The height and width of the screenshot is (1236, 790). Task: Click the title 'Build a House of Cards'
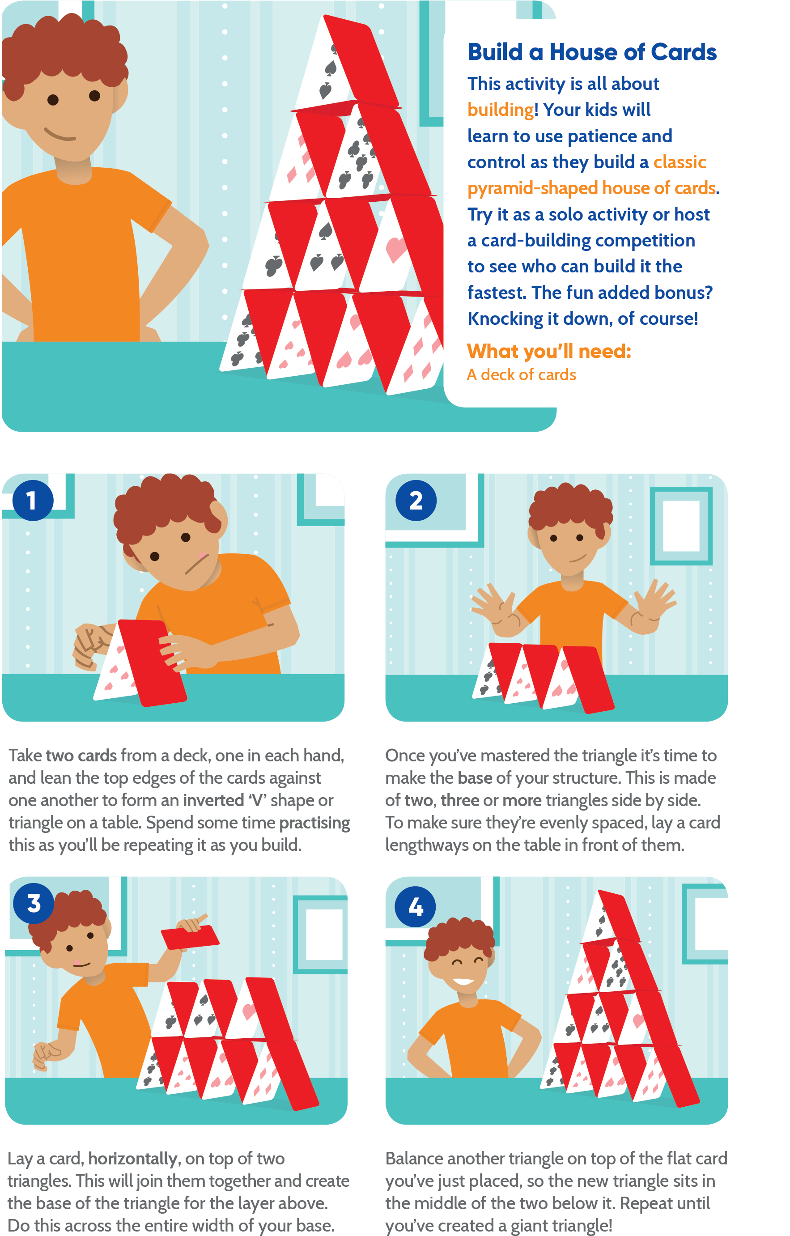point(591,52)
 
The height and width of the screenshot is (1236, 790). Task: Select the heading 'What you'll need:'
point(549,351)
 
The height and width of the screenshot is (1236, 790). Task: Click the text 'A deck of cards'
point(522,375)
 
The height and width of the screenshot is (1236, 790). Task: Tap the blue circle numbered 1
point(33,501)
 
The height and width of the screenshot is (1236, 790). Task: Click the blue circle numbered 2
point(416,501)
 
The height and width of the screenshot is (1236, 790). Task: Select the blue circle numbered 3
point(34,903)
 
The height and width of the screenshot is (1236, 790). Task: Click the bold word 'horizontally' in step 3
point(133,1159)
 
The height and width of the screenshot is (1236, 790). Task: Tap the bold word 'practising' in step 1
point(314,823)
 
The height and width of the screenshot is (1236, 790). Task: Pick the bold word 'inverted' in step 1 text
point(213,801)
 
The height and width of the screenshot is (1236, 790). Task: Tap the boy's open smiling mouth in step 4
point(463,981)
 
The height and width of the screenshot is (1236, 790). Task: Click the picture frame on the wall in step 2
point(681,526)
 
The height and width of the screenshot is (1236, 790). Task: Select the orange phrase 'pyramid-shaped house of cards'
point(591,188)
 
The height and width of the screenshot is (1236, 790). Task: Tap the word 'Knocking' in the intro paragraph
point(505,319)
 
